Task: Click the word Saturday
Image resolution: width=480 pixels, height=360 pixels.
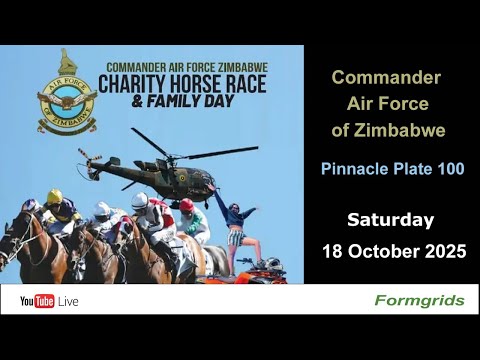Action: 390,219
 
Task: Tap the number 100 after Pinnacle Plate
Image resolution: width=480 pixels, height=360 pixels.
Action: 449,169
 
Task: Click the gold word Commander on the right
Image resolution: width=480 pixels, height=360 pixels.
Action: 386,77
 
